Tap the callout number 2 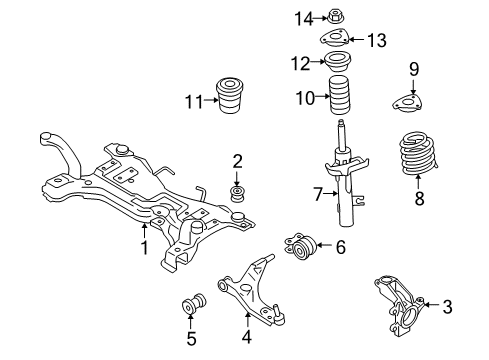pyautogui.click(x=238, y=160)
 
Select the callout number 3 pyautogui.click(x=448, y=306)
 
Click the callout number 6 pyautogui.click(x=340, y=246)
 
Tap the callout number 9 pyautogui.click(x=414, y=69)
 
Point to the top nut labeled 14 pyautogui.click(x=335, y=17)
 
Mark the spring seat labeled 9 pyautogui.click(x=409, y=103)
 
